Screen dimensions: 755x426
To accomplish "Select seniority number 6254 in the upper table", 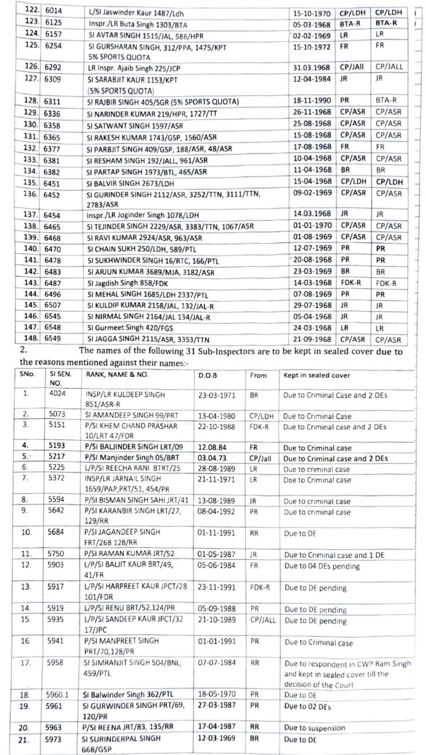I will click(54, 46).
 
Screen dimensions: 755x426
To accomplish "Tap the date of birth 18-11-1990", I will click(312, 101).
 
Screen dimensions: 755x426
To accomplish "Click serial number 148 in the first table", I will click(31, 338).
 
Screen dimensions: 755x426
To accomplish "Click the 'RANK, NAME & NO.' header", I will click(116, 374).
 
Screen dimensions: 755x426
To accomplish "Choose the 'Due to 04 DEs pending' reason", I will click(322, 566).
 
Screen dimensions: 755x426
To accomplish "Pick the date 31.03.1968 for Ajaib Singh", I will click(311, 67).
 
